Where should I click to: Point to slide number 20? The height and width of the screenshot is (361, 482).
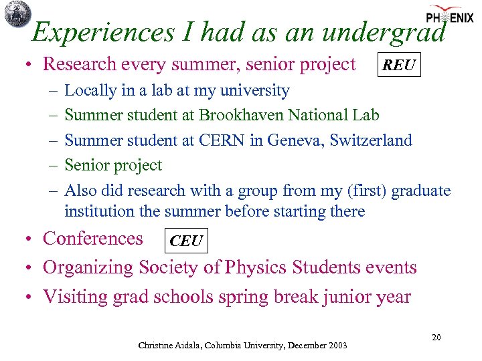436,338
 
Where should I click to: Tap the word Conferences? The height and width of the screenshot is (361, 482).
92,239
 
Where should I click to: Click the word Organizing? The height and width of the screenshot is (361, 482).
88,267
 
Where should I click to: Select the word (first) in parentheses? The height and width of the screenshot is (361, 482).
367,191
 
